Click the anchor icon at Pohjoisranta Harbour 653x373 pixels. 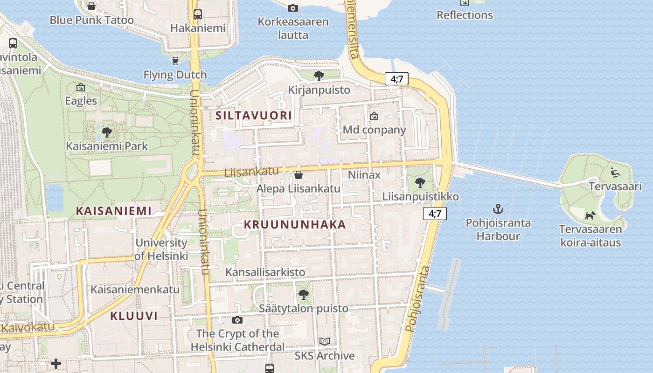click(498, 208)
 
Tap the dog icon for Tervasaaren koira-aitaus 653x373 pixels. click(590, 215)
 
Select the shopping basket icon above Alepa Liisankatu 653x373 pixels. click(299, 175)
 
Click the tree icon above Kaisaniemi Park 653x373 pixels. click(107, 132)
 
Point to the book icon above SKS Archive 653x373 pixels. click(325, 342)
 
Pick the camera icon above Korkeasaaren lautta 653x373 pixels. click(293, 8)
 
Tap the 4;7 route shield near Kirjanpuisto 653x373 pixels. click(396, 79)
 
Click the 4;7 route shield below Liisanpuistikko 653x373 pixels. click(435, 214)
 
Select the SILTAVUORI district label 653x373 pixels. click(254, 116)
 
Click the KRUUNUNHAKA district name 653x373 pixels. click(295, 225)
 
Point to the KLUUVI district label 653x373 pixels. click(134, 316)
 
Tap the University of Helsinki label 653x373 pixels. click(161, 249)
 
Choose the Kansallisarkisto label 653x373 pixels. click(265, 272)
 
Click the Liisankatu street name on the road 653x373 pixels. click(251, 172)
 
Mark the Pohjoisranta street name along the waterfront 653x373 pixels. click(417, 299)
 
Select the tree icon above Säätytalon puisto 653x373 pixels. click(304, 295)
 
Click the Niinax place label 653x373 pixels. click(364, 175)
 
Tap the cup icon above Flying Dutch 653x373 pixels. click(175, 61)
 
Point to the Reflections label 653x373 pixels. click(465, 15)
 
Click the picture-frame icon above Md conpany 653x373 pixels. click(374, 116)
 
